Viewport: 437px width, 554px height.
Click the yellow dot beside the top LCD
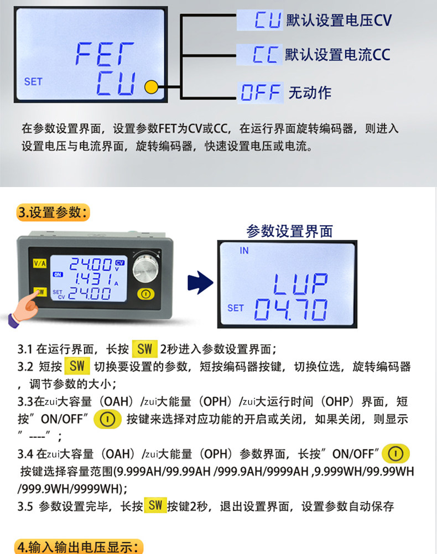coord(150,86)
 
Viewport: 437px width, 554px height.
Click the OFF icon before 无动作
coord(261,92)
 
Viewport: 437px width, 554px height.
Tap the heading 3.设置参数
coord(53,213)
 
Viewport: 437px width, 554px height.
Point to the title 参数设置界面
coord(290,231)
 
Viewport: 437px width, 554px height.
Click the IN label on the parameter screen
coord(244,251)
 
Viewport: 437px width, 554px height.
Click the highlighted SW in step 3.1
coord(144,349)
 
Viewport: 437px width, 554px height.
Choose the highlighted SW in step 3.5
coord(155,505)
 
